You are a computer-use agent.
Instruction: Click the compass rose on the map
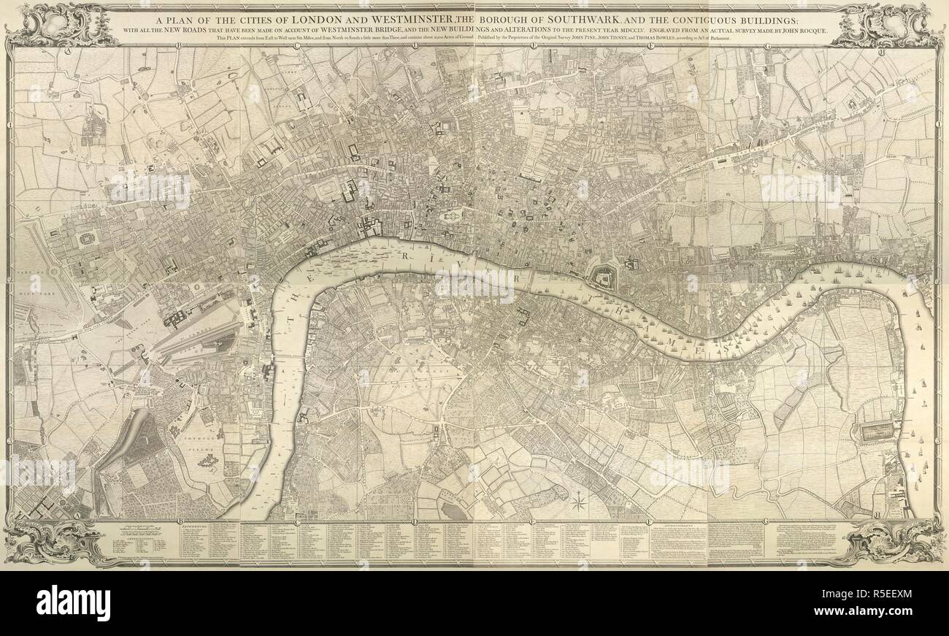[579, 502]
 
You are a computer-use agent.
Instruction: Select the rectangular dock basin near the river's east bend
[877, 432]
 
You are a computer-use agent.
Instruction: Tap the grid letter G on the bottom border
[766, 520]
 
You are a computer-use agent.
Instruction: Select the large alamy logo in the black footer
[73, 603]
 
